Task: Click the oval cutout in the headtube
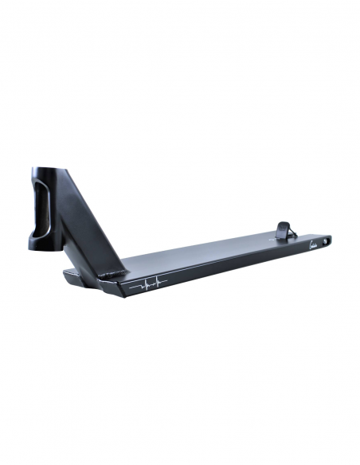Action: [43, 209]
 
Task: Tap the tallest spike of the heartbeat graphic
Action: [155, 278]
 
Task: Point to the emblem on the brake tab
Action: [284, 229]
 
